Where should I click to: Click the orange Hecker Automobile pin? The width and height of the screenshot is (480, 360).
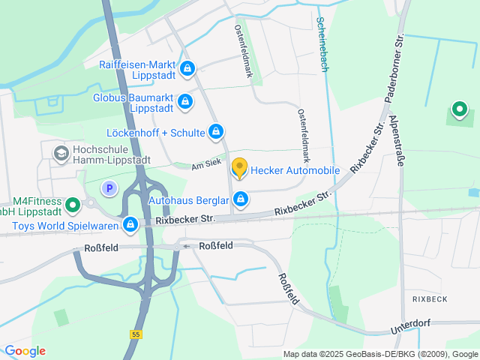pyautogui.click(x=239, y=168)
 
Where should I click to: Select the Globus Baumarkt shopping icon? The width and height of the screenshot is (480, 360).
pyautogui.click(x=184, y=100)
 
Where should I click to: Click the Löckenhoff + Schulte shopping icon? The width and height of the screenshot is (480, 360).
pyautogui.click(x=216, y=133)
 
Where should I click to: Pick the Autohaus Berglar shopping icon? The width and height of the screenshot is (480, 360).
pyautogui.click(x=241, y=199)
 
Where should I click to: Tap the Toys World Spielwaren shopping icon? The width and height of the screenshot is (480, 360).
pyautogui.click(x=130, y=223)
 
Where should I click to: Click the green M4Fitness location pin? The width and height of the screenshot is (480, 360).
pyautogui.click(x=73, y=204)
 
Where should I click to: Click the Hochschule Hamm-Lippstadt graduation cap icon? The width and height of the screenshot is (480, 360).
pyautogui.click(x=59, y=154)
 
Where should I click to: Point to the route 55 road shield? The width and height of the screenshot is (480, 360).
pyautogui.click(x=135, y=333)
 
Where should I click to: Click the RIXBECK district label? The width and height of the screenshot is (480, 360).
pyautogui.click(x=430, y=298)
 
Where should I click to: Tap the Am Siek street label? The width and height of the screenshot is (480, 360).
pyautogui.click(x=206, y=165)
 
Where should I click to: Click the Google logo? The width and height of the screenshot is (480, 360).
pyautogui.click(x=25, y=351)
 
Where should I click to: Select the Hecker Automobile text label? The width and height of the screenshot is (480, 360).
pyautogui.click(x=295, y=170)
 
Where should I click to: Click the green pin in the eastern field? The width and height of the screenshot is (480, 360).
pyautogui.click(x=458, y=112)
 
